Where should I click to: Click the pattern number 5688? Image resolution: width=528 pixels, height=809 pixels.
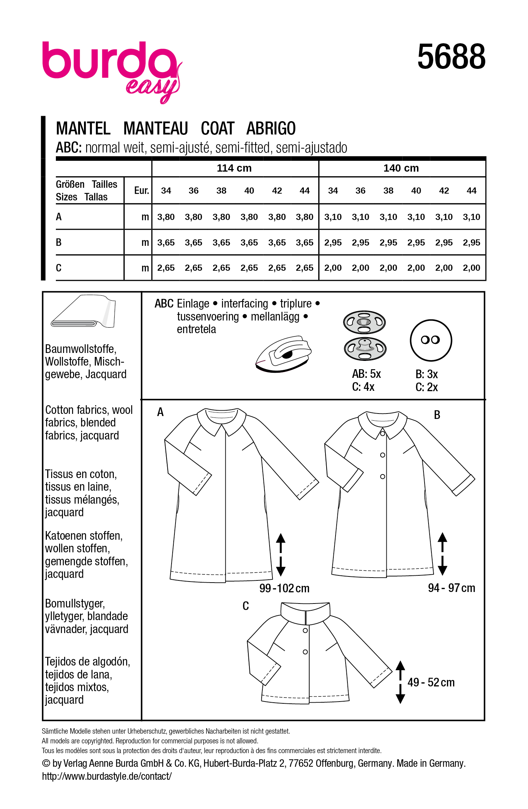pos(451,57)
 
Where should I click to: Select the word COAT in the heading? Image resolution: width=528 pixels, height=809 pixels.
pos(217,129)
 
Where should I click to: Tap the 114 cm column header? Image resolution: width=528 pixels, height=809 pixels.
pos(234,168)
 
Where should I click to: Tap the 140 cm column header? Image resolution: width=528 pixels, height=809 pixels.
pos(401,168)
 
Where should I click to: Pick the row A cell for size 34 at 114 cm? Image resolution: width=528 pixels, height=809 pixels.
pos(166,217)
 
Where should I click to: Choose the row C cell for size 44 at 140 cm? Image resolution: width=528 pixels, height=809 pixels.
pos(471,268)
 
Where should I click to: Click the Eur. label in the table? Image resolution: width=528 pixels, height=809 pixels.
pos(141,191)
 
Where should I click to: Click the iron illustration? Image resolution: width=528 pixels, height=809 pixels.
pos(283,354)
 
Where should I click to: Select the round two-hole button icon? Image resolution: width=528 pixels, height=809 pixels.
pos(431,340)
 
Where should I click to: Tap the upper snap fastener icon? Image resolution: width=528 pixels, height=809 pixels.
pos(364,322)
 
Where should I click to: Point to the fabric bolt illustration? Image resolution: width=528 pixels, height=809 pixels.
pos(84,311)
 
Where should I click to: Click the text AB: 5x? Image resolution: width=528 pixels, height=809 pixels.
pos(366,374)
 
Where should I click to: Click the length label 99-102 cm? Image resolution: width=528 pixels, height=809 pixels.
pos(284,588)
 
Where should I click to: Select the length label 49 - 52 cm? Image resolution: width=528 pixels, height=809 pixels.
pos(431,682)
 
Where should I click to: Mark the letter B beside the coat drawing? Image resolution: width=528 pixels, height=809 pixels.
pos(437,415)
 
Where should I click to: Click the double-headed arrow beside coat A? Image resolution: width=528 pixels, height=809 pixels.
pos(280,554)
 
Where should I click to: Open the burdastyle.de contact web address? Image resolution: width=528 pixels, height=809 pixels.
pos(107,776)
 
